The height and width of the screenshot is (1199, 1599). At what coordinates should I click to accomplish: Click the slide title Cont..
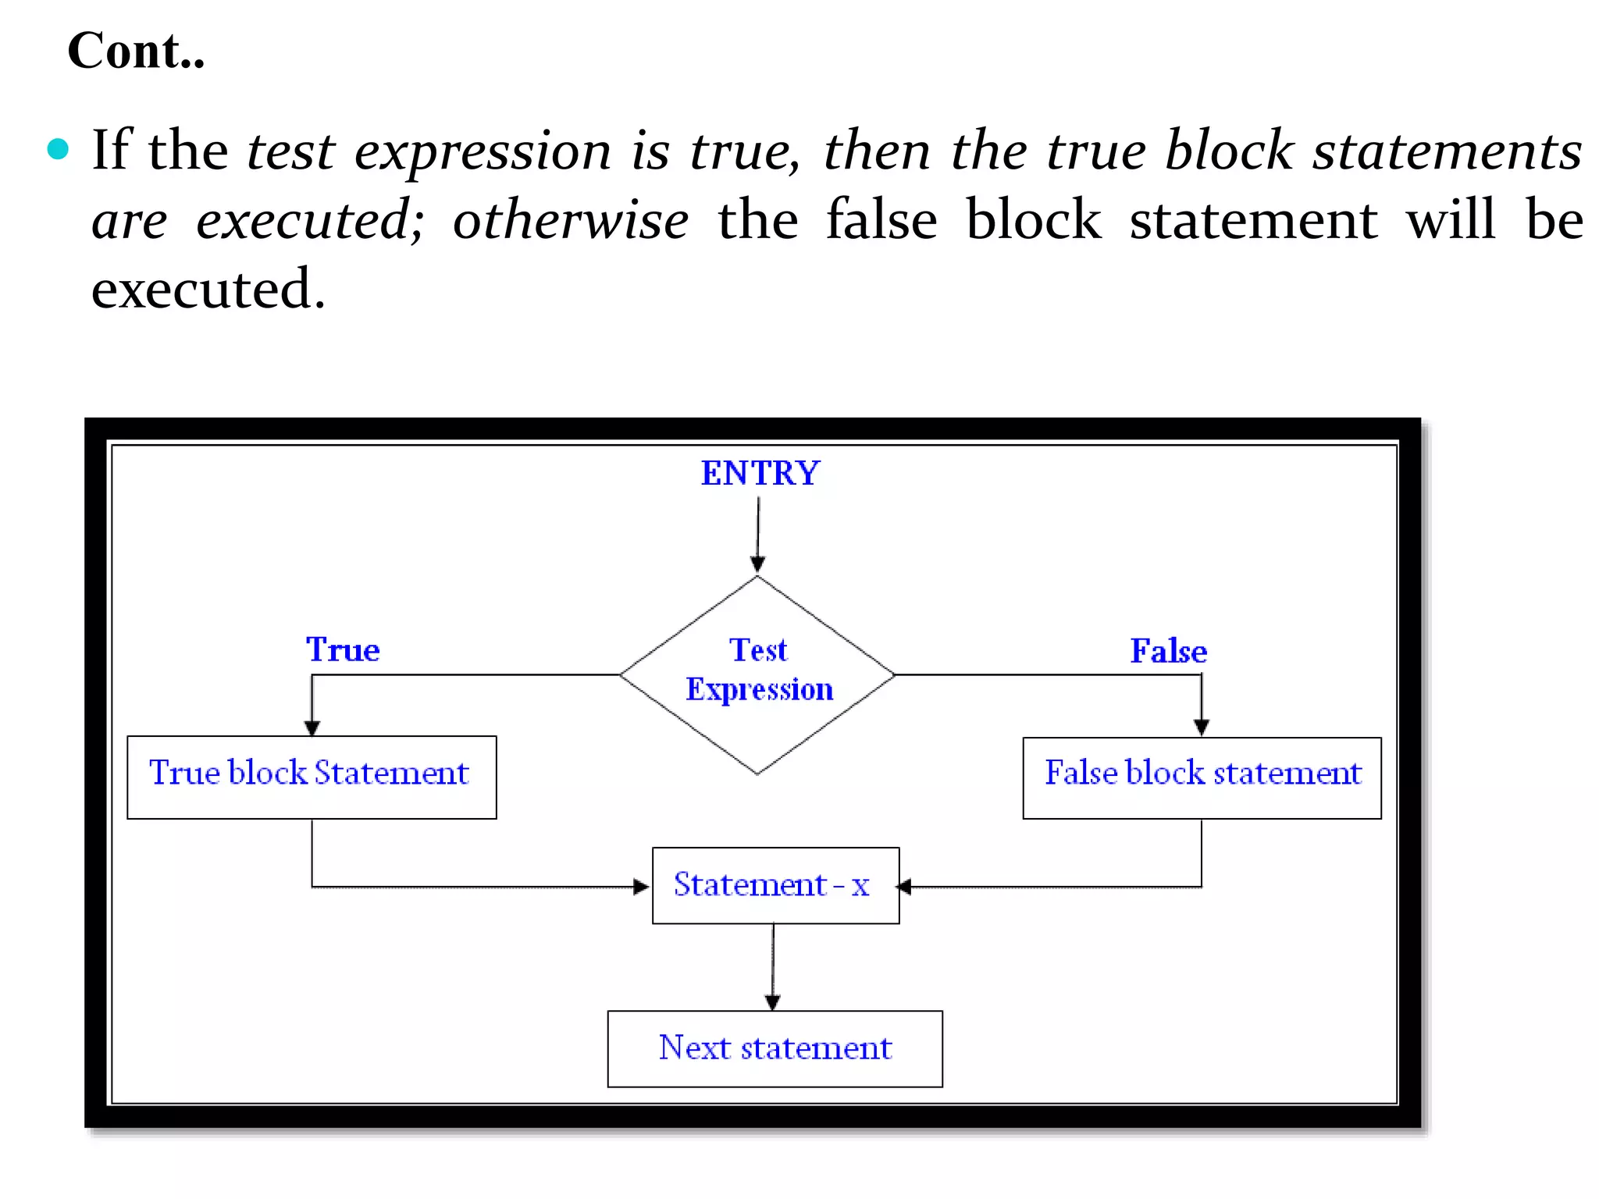(x=136, y=52)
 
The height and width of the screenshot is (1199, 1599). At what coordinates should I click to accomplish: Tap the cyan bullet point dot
(x=58, y=148)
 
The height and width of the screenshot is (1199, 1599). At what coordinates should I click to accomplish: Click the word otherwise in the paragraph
(x=570, y=220)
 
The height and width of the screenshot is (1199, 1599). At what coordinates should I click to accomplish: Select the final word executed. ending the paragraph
(x=208, y=290)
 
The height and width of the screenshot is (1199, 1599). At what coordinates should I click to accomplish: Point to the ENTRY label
(x=760, y=473)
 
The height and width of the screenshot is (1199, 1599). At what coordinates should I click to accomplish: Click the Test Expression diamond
(x=757, y=674)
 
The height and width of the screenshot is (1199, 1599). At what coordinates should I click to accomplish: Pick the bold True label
(x=342, y=649)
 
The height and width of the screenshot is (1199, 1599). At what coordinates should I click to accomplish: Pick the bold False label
(x=1168, y=651)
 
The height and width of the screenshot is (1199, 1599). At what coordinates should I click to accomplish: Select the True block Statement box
(x=312, y=777)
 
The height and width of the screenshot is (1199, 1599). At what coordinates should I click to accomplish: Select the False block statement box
(x=1202, y=777)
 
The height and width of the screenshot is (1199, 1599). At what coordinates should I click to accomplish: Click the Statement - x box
(x=775, y=885)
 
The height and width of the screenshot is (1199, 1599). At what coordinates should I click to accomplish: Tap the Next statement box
(x=775, y=1048)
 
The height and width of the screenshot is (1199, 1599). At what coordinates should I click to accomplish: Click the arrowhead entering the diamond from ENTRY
(x=757, y=564)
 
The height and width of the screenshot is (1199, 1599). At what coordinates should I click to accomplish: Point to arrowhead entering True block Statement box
(x=312, y=728)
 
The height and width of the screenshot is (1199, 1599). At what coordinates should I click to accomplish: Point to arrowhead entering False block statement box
(x=1202, y=728)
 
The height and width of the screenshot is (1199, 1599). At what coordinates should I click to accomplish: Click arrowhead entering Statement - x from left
(x=641, y=887)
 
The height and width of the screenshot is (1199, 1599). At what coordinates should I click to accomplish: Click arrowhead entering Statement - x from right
(x=905, y=887)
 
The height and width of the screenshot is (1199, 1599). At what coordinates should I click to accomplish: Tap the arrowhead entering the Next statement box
(x=773, y=1002)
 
